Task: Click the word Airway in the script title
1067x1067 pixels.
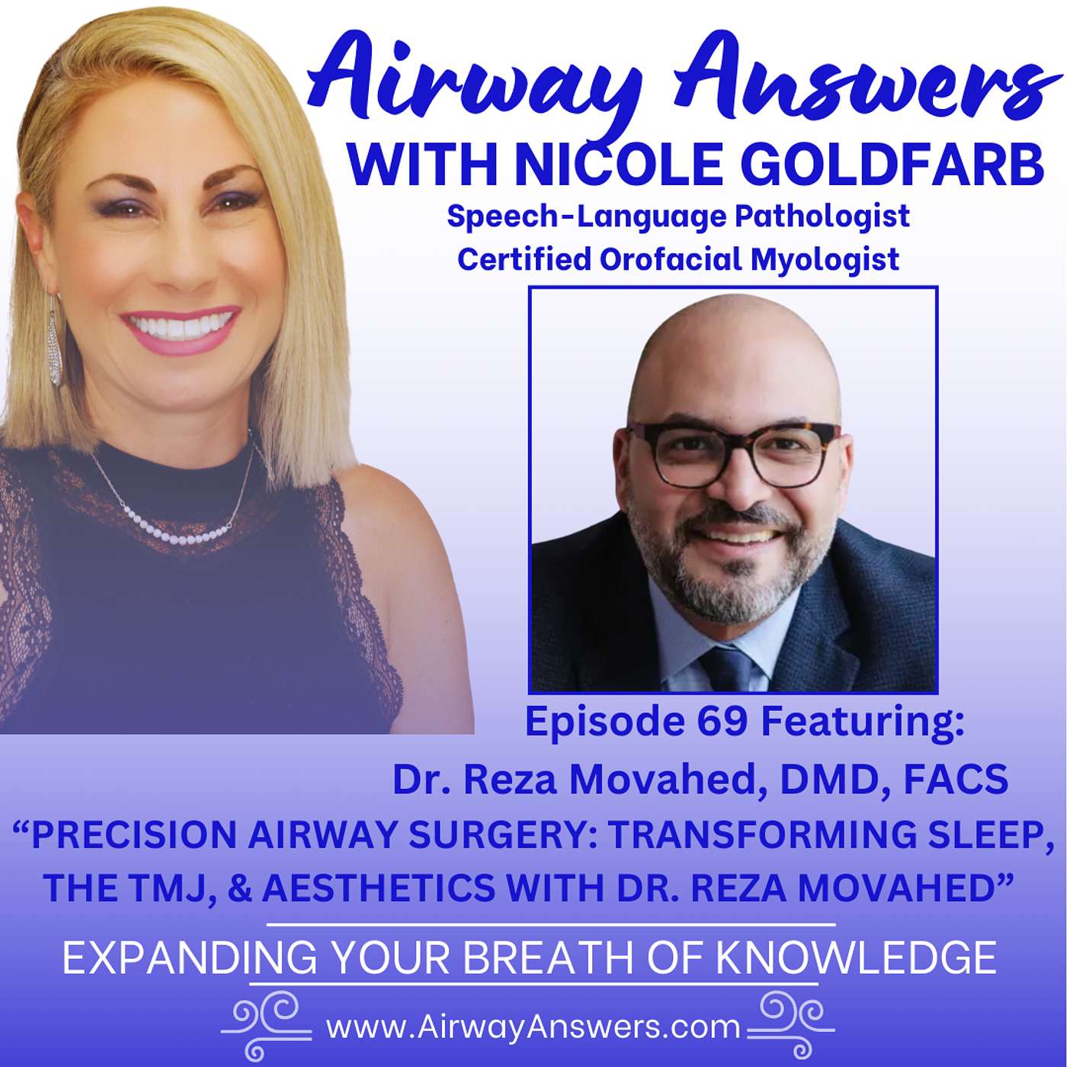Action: [473, 80]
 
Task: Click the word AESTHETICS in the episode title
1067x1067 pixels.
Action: [379, 889]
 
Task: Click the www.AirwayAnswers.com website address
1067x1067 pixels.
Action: [533, 1027]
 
